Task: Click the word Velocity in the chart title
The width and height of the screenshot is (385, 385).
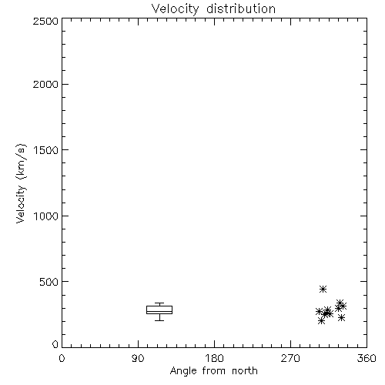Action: [176, 9]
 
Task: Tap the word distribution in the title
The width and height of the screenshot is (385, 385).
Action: [241, 8]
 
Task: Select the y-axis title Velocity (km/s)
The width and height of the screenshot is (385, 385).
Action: [21, 183]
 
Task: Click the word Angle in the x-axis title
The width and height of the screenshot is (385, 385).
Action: [183, 371]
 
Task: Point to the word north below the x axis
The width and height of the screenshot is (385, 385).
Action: [245, 370]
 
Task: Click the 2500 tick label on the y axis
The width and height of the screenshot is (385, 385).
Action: [45, 21]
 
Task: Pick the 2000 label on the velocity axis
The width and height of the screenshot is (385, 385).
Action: [45, 84]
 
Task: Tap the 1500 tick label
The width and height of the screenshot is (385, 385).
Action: [46, 150]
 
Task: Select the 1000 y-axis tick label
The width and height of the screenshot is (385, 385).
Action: [46, 216]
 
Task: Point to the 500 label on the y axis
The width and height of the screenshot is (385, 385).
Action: [49, 282]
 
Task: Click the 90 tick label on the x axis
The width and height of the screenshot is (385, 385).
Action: [138, 358]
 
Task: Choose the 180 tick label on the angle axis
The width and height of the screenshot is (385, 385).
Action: [214, 358]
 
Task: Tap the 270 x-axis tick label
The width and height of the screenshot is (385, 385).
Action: [290, 358]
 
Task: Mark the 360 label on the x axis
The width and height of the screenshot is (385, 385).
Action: [367, 358]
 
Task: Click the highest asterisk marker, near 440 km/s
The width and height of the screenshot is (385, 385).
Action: [323, 290]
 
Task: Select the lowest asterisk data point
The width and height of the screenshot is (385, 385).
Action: [321, 320]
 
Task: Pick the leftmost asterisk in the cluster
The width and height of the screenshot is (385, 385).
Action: [319, 312]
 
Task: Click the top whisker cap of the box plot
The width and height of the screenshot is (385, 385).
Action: [159, 303]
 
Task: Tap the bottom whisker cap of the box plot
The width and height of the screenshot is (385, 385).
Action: [159, 320]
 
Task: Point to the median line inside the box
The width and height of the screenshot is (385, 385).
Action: [159, 311]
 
